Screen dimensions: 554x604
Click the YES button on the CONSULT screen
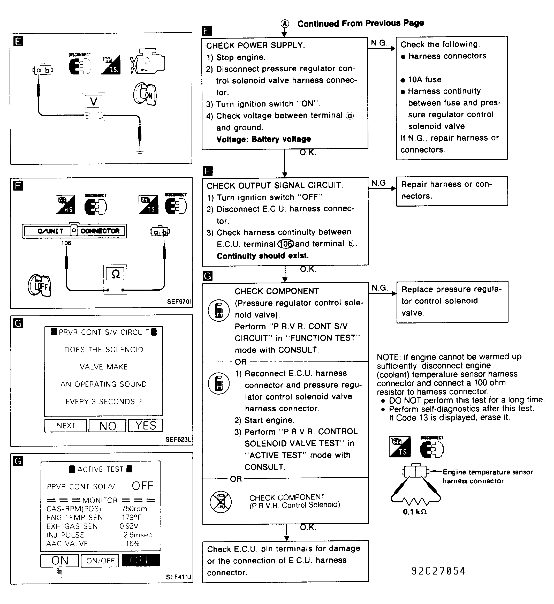point(145,425)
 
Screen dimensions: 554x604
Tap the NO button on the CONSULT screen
point(107,426)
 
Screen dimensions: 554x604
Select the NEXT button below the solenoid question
point(66,426)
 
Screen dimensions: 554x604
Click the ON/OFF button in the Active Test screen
point(100,561)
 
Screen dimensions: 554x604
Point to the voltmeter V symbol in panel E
point(94,102)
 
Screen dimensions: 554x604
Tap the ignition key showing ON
point(145,94)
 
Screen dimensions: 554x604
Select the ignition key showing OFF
point(40,285)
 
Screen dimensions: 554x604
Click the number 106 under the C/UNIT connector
point(66,243)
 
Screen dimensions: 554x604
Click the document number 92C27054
point(438,571)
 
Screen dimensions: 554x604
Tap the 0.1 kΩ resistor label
point(415,512)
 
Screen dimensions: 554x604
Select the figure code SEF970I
point(179,301)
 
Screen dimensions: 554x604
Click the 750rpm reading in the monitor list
point(135,509)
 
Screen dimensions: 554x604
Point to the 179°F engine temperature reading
point(132,517)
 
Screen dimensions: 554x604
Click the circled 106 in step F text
point(286,244)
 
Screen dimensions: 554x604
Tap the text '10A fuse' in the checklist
point(425,79)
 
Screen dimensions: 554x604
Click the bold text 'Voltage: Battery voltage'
point(263,139)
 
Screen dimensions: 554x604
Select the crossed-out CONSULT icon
point(221,502)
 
